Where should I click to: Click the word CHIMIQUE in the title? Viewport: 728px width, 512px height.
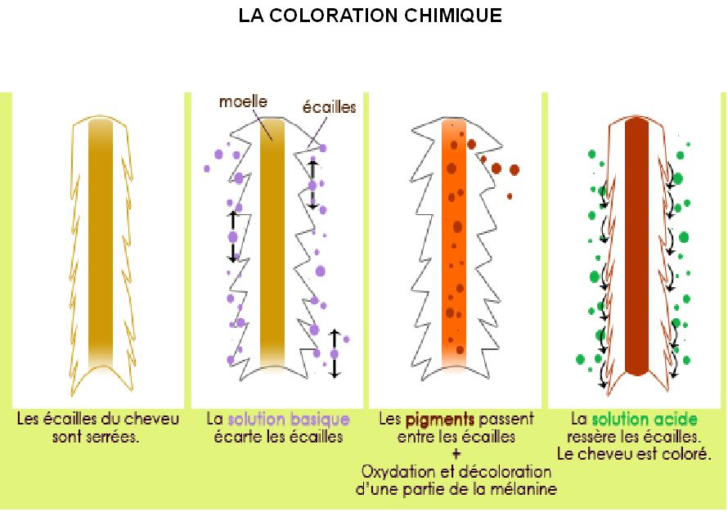pos(452,16)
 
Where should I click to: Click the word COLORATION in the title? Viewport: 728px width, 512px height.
pos(334,16)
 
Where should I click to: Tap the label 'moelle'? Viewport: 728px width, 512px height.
pos(243,101)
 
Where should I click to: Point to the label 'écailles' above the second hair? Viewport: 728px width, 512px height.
pos(329,107)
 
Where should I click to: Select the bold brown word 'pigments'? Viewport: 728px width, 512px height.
pos(440,420)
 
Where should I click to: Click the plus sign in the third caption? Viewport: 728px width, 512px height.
pos(456,455)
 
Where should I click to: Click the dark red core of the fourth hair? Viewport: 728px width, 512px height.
pos(636,247)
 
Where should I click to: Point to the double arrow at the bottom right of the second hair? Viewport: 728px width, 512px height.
pos(335,353)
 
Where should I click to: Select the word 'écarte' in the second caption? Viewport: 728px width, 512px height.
pos(238,438)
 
